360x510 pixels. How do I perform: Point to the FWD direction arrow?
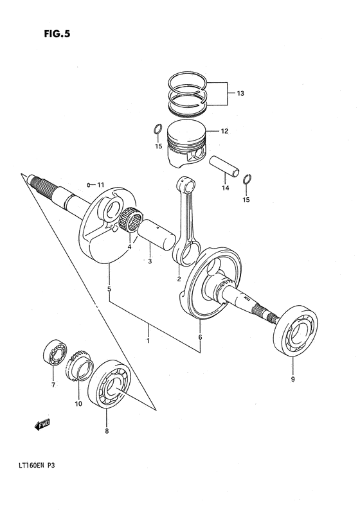click(42, 425)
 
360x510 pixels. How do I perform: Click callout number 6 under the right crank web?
click(200, 337)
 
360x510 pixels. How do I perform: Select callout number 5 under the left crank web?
click(109, 288)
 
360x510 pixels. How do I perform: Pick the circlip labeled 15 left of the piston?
click(156, 130)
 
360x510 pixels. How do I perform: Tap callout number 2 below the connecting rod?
click(178, 278)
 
